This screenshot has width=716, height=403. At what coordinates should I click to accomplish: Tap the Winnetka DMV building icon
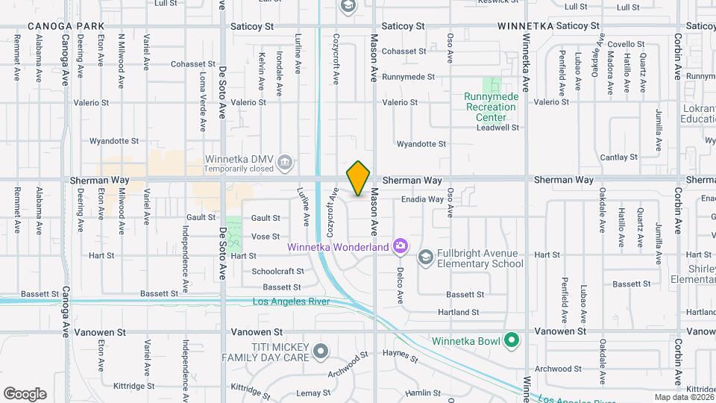[x=284, y=162]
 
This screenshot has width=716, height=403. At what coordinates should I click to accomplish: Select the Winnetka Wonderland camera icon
[x=401, y=246]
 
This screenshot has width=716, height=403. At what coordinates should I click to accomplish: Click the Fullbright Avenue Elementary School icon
[x=425, y=258]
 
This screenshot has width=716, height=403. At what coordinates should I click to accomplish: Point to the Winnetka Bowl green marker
[x=511, y=341]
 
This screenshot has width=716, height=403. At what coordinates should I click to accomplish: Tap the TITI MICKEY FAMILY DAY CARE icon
[x=321, y=350]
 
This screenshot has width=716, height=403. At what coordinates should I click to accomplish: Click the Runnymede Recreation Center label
[x=490, y=107]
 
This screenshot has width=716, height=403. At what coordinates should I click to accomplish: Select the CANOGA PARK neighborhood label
[x=66, y=25]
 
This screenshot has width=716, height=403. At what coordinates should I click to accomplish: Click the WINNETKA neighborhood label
[x=526, y=25]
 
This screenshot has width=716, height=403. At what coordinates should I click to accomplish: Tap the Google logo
[x=25, y=394]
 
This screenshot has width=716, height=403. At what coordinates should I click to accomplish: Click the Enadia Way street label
[x=422, y=199]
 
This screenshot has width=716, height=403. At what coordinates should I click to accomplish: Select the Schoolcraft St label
[x=277, y=271]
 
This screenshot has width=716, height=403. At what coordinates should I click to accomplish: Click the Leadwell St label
[x=497, y=128]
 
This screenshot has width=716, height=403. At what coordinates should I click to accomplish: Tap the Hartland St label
[x=459, y=312]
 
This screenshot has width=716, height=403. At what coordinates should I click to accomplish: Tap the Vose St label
[x=266, y=236]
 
